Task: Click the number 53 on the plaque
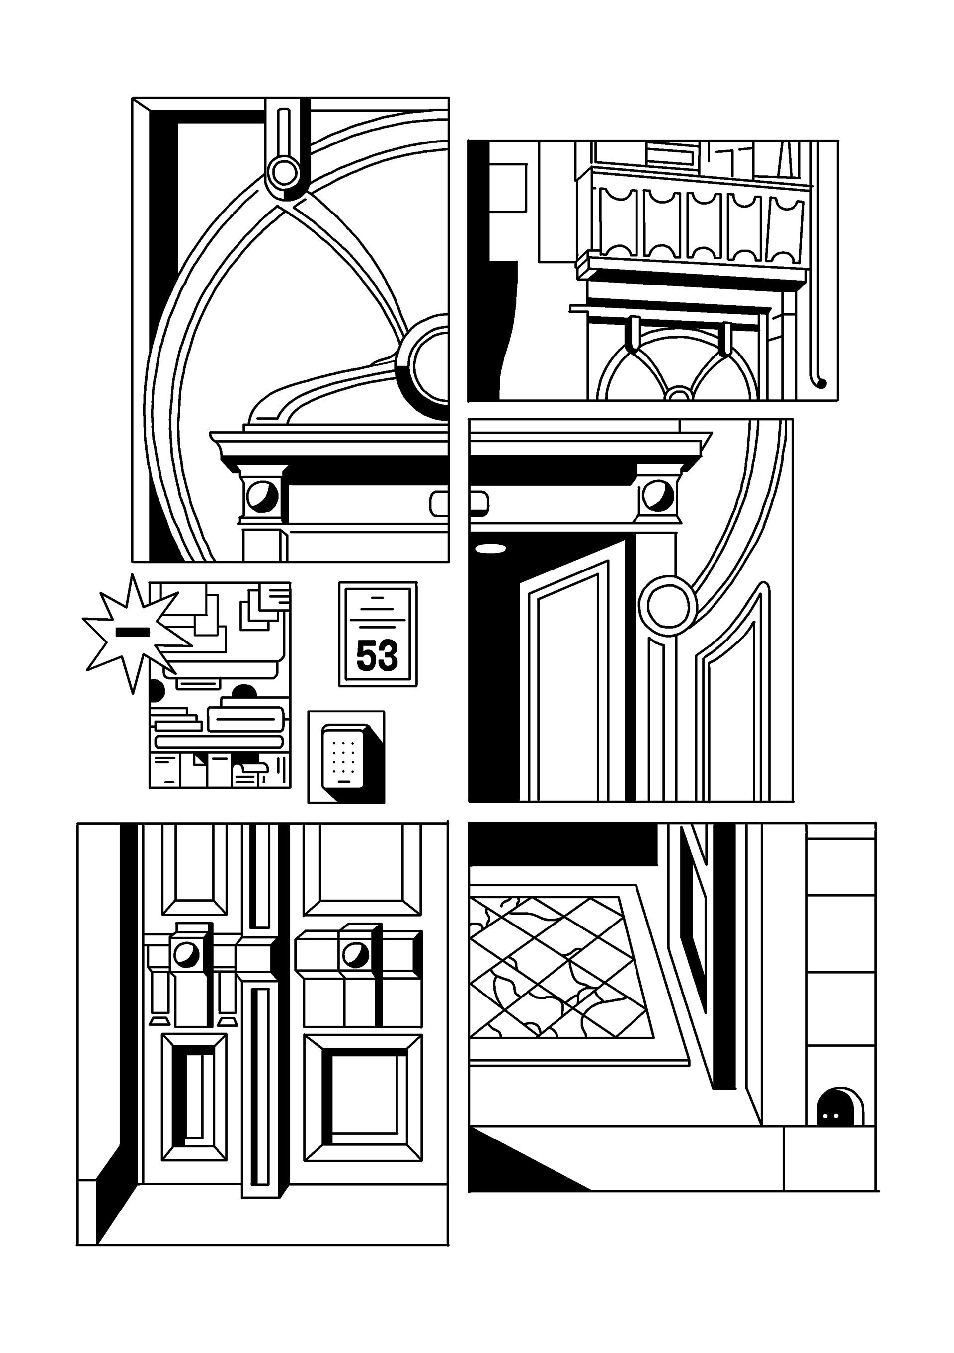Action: coord(377,655)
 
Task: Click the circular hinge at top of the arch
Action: coord(284,171)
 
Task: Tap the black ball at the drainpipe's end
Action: coord(821,384)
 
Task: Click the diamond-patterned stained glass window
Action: coord(557,968)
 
